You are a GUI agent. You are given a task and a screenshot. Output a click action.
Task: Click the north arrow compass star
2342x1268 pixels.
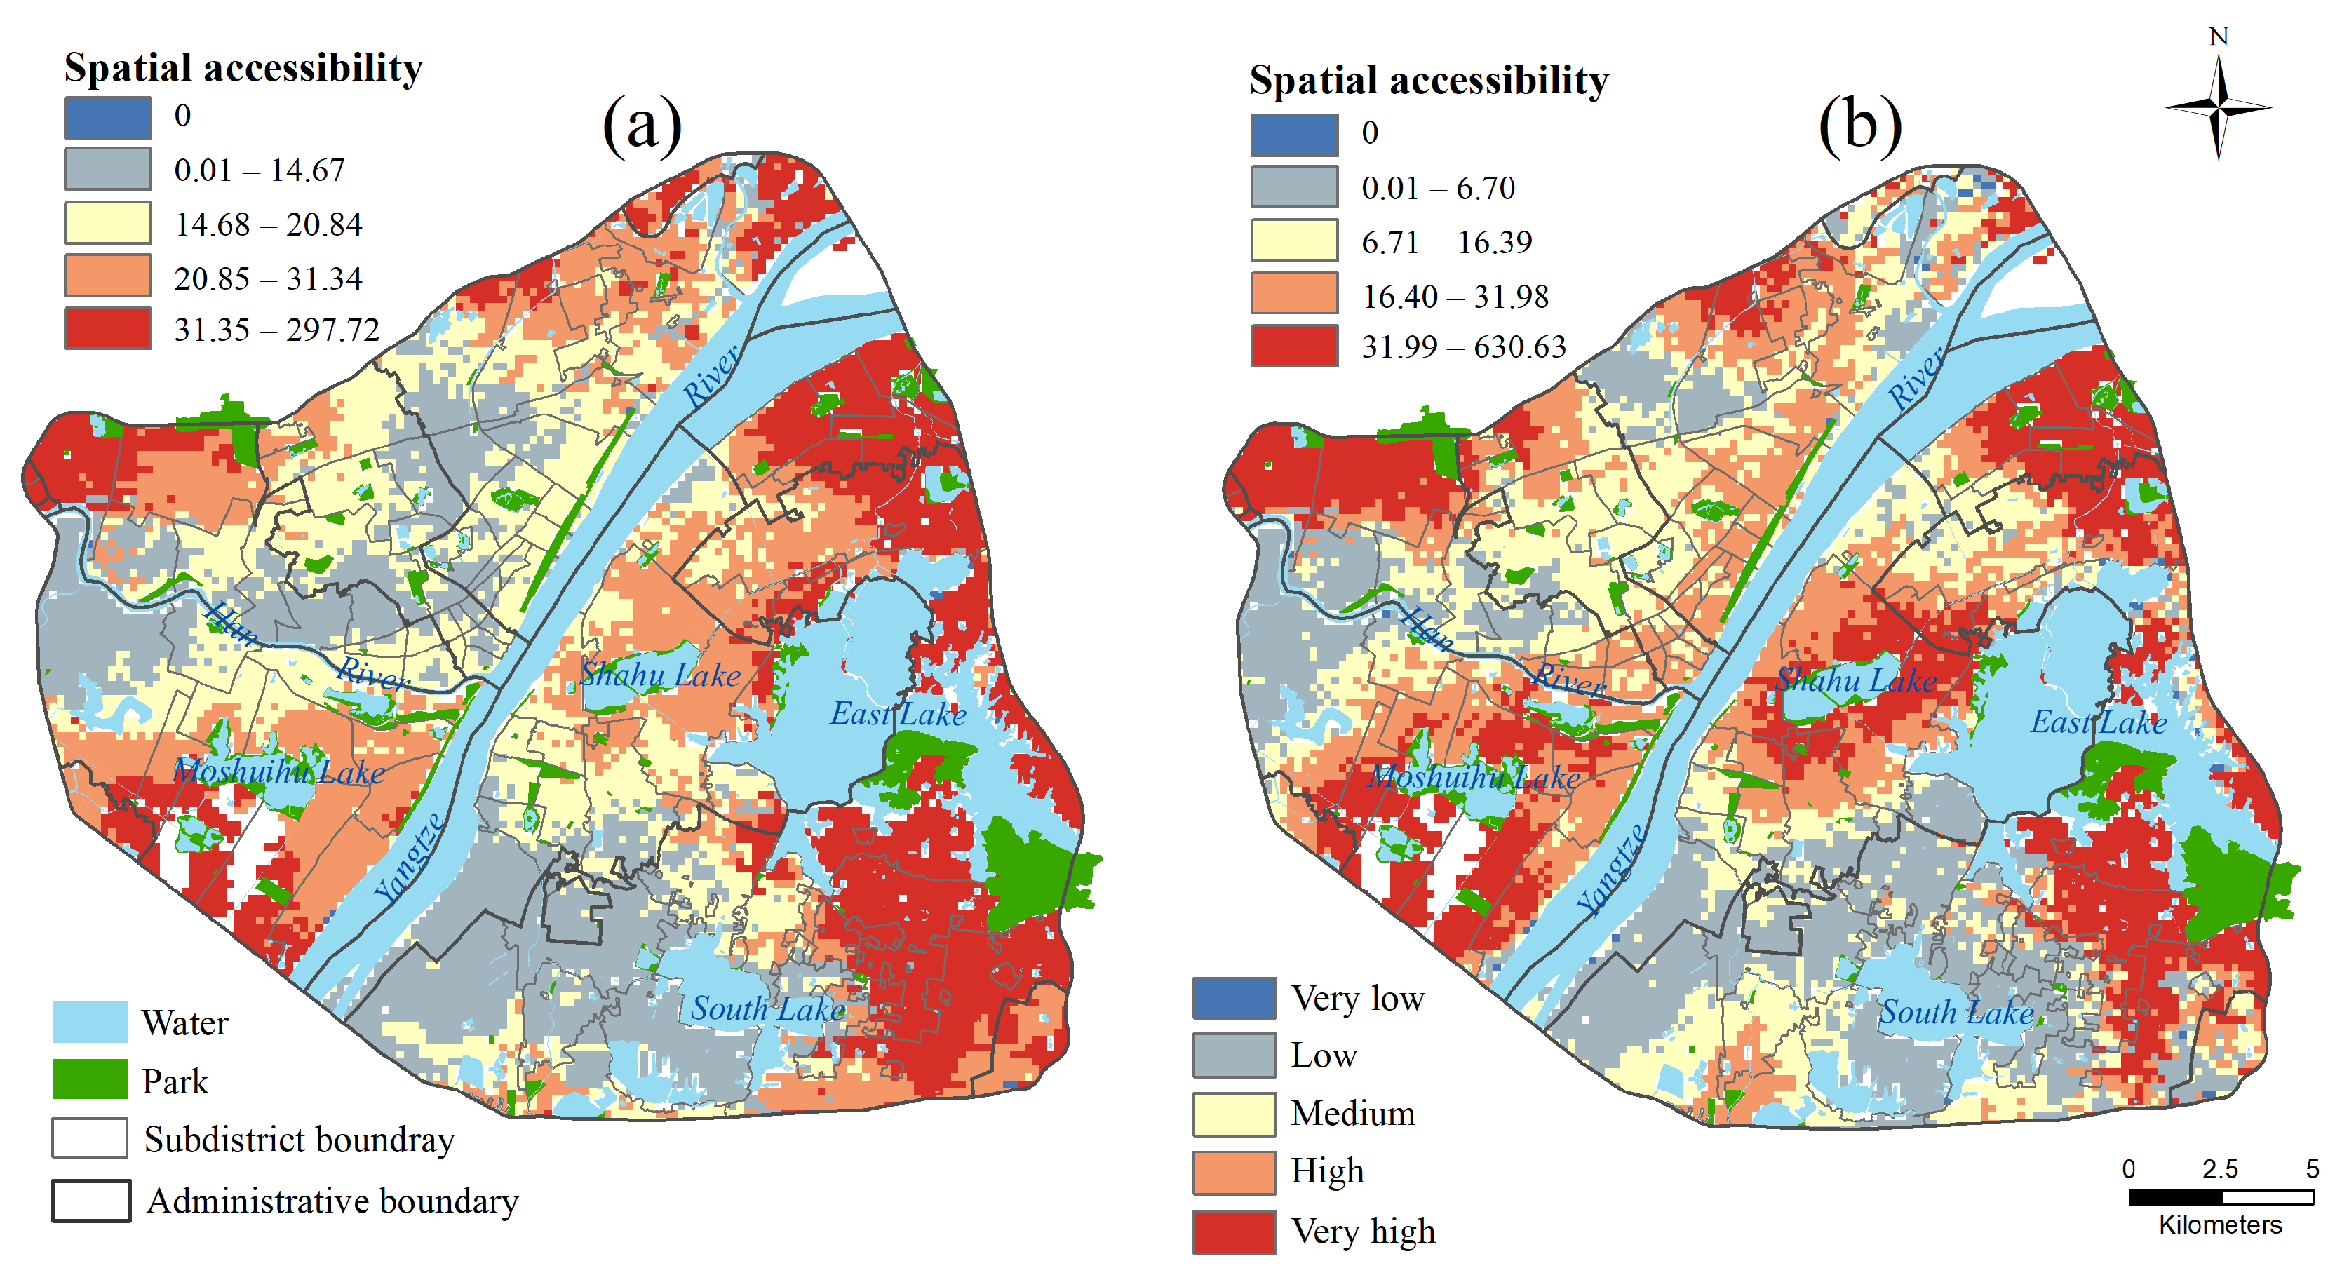(x=2219, y=108)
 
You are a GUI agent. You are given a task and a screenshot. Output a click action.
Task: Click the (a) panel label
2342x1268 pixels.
(x=642, y=125)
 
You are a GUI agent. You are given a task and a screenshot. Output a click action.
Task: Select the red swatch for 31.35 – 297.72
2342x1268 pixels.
(x=107, y=328)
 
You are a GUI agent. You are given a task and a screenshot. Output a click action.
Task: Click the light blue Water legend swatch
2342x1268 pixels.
(x=89, y=1022)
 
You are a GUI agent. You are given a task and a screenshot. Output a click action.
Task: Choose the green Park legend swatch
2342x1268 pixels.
(x=89, y=1080)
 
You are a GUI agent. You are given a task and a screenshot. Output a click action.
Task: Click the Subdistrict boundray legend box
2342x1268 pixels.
(x=89, y=1138)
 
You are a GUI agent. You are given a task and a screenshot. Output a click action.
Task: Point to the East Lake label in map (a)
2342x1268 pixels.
(x=897, y=713)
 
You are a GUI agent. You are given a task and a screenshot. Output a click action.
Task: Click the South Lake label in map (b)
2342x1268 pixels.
(x=1956, y=1012)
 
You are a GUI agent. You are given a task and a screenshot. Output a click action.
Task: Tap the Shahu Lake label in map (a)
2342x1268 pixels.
(x=660, y=675)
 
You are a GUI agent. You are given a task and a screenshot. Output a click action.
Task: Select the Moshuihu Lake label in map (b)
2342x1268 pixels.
(x=1474, y=776)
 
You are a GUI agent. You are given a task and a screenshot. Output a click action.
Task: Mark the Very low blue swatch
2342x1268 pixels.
(x=1234, y=998)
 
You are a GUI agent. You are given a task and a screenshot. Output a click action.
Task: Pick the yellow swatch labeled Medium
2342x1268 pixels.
(x=1234, y=1114)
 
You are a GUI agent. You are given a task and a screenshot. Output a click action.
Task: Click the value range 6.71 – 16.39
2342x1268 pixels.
(x=1446, y=242)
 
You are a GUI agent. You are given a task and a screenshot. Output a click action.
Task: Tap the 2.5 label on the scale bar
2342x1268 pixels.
(x=2219, y=1169)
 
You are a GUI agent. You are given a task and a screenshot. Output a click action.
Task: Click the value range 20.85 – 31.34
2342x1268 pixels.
(x=268, y=278)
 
